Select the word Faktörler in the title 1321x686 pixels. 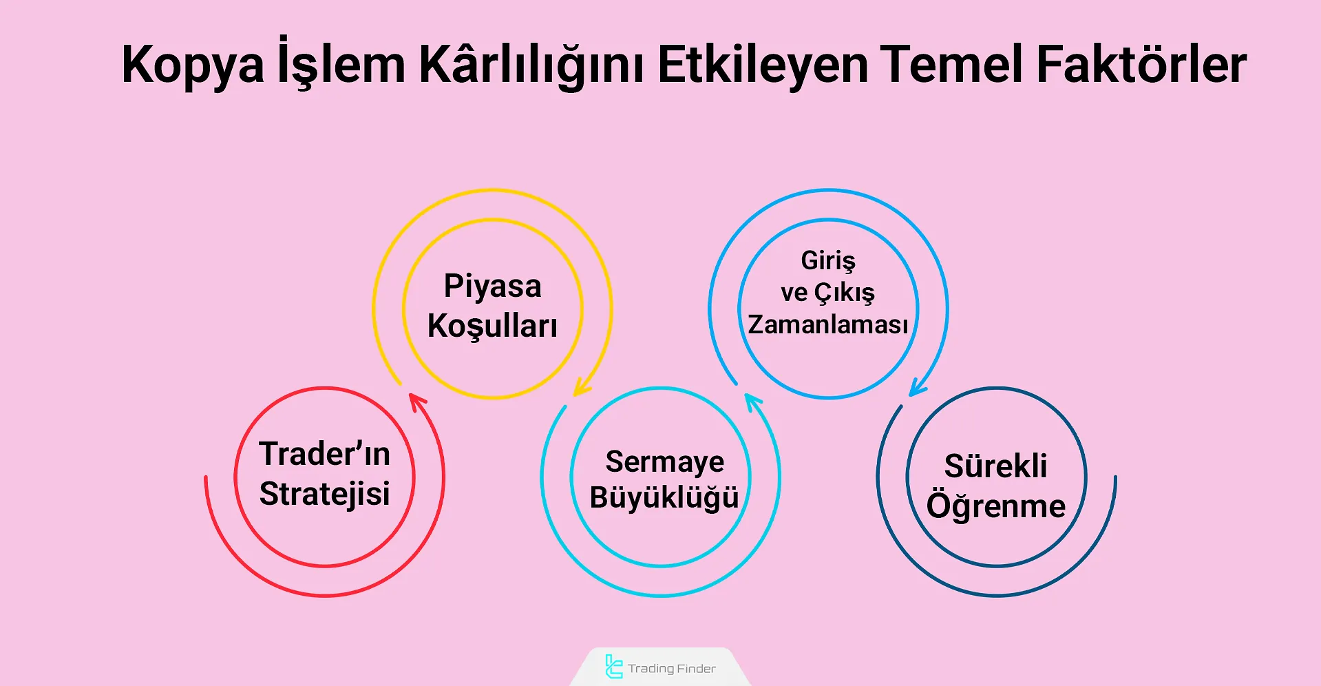(1141, 65)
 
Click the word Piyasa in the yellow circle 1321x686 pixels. (492, 287)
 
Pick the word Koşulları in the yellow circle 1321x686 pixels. (492, 326)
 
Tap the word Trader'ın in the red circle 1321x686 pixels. (324, 454)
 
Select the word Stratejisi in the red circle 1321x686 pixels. (324, 494)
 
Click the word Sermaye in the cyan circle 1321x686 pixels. (664, 461)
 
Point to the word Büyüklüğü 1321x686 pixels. (664, 497)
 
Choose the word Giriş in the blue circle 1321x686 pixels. (828, 261)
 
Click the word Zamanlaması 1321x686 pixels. (828, 324)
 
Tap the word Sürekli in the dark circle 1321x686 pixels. (995, 466)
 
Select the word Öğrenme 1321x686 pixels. (995, 506)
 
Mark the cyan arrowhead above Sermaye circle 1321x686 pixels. (752, 401)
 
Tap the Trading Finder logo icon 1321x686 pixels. (613, 667)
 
